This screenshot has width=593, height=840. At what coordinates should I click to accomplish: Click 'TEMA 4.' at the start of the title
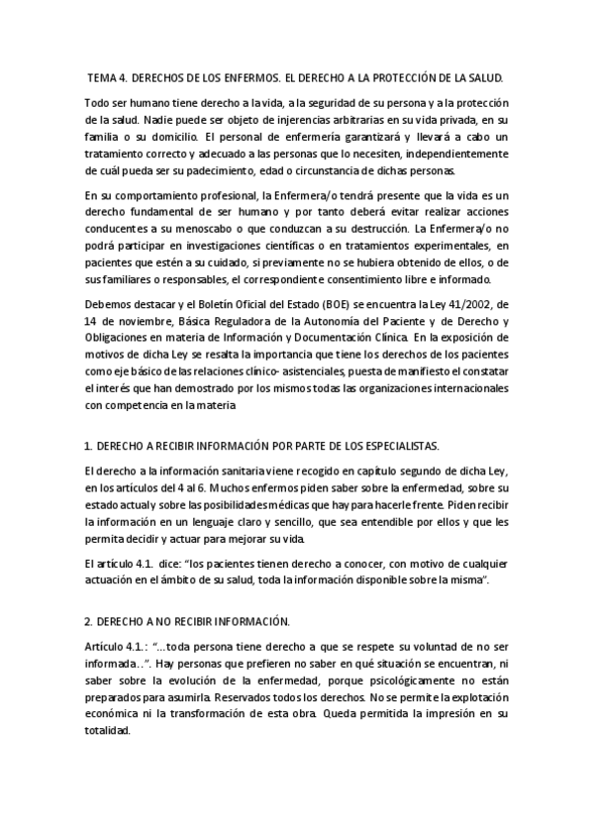click(x=107, y=76)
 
